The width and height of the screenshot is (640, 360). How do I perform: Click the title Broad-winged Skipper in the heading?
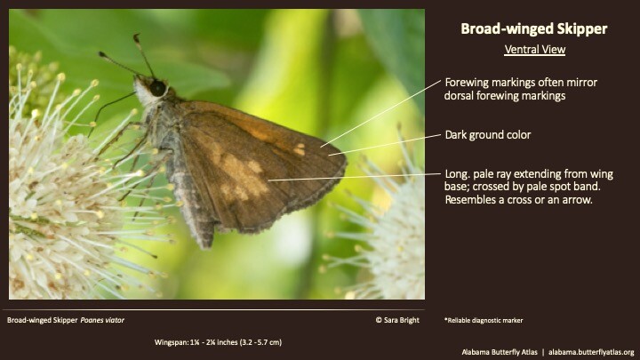point(533,29)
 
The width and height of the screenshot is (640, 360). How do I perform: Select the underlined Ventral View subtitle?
point(533,49)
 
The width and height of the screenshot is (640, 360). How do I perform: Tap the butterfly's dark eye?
point(157,87)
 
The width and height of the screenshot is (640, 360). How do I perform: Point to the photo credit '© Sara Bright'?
point(393,317)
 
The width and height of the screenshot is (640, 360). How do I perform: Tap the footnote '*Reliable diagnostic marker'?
point(487,317)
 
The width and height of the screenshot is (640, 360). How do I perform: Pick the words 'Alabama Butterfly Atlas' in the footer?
point(488,352)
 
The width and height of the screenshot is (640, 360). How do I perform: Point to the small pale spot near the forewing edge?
point(300,149)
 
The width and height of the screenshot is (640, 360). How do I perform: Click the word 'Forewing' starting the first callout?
point(468,81)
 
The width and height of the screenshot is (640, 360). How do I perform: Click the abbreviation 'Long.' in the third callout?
point(458,172)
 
